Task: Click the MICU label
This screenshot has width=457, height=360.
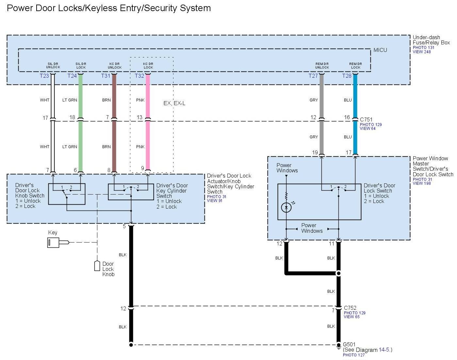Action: click(380, 50)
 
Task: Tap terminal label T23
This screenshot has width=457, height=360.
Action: click(44, 76)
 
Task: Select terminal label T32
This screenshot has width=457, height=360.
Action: click(139, 76)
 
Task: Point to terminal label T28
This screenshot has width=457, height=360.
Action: click(347, 76)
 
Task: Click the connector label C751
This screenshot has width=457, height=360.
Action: click(366, 119)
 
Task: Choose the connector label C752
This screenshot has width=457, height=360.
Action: click(350, 308)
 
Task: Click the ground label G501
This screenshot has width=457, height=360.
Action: click(349, 344)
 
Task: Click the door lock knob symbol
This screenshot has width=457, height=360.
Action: click(97, 266)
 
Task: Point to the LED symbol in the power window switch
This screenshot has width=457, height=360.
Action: click(286, 207)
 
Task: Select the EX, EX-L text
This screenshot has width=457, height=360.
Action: click(174, 103)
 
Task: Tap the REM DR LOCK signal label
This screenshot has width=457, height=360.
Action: click(355, 66)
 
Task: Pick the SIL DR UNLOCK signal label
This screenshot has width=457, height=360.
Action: click(53, 66)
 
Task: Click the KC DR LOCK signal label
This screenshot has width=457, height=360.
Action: click(148, 66)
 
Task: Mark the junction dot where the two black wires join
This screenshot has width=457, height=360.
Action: click(339, 273)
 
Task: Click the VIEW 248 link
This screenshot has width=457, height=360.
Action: click(422, 52)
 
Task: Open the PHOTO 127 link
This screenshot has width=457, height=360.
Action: click(354, 355)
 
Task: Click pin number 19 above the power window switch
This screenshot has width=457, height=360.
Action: click(315, 152)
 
